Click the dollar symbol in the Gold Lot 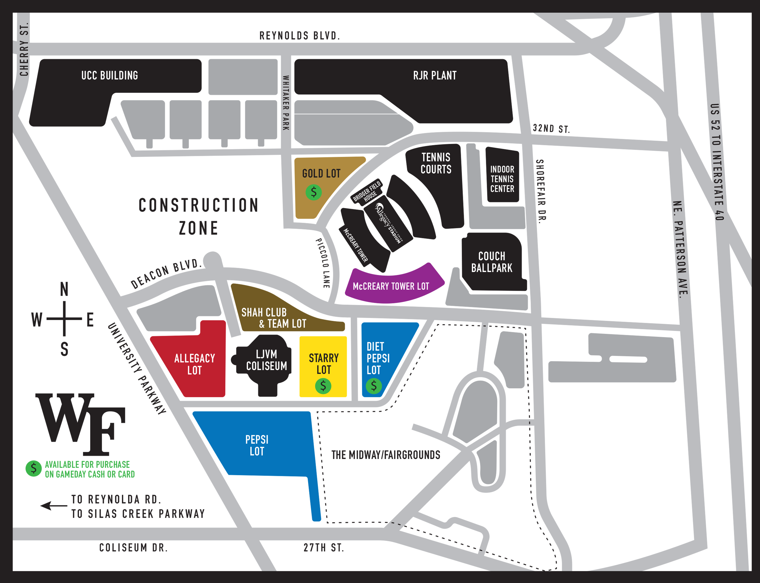tap(313, 192)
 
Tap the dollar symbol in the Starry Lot tap(323, 386)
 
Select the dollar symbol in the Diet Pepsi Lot tap(374, 386)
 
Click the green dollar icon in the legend tap(34, 469)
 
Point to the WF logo tap(81, 424)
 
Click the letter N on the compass tap(64, 289)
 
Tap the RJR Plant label tap(435, 75)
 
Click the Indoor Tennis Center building tap(502, 179)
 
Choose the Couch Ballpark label tap(492, 262)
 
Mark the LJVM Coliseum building tap(266, 360)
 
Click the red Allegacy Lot tap(195, 364)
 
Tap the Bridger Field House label tap(367, 191)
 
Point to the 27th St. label tap(323, 548)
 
